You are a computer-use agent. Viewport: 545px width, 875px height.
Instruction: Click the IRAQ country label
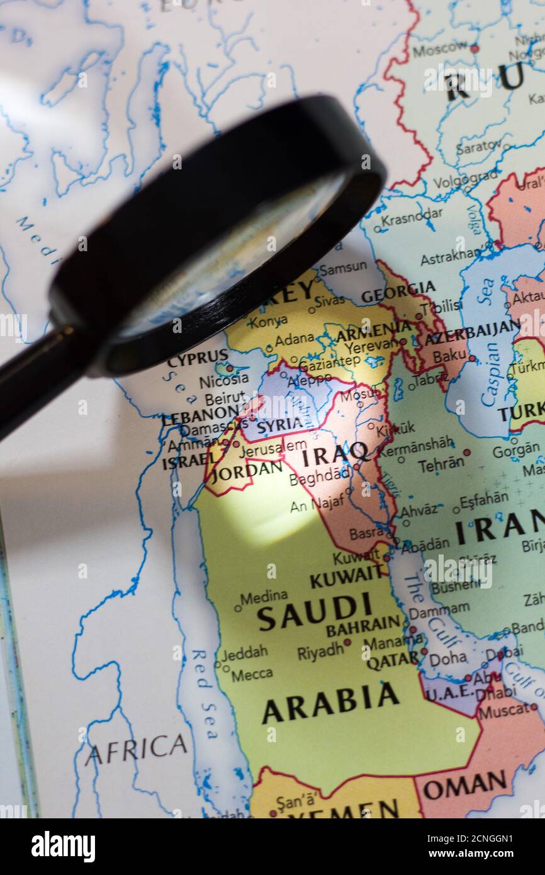tap(335, 453)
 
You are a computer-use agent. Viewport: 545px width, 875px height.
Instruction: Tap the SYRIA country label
tap(280, 426)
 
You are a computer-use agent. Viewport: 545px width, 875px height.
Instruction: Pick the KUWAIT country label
tap(346, 576)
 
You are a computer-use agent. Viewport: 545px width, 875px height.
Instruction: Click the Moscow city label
tap(440, 48)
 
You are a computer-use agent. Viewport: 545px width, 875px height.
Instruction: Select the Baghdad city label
tap(320, 477)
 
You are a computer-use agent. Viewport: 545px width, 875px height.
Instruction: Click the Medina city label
tap(264, 597)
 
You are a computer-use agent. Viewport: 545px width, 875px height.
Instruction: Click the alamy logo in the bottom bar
tap(63, 847)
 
